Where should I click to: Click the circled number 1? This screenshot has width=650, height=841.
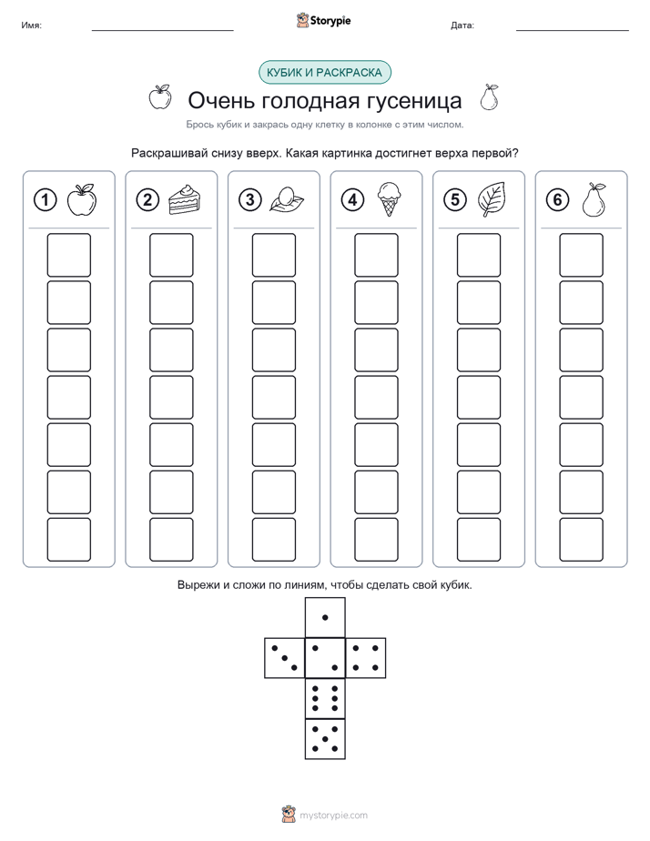point(45,199)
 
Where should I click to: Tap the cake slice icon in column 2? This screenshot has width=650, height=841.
point(185,199)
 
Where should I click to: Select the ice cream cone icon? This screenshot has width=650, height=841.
point(389,199)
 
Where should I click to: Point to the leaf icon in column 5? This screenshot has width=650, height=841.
point(492,199)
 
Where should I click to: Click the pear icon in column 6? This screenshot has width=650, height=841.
point(594,199)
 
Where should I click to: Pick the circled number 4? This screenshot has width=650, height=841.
point(352,199)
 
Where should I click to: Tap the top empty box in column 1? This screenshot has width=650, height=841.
point(68,255)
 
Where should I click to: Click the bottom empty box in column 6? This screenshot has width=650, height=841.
point(582,540)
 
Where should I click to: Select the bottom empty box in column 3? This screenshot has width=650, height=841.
point(273,540)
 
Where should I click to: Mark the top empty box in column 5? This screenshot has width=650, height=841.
point(479,255)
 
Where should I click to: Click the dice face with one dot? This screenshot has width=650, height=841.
point(325,617)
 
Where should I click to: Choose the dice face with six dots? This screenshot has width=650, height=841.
point(325,698)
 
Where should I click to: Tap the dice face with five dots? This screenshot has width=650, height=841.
point(325,738)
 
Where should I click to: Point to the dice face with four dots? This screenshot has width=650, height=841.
point(366,657)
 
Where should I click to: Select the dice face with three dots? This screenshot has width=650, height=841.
point(285,657)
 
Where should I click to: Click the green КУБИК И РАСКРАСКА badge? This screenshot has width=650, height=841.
point(325,73)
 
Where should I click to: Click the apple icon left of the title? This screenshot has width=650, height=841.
point(160,97)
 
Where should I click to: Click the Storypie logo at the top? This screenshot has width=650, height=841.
point(323,20)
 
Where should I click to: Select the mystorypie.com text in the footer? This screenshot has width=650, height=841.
point(333,816)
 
